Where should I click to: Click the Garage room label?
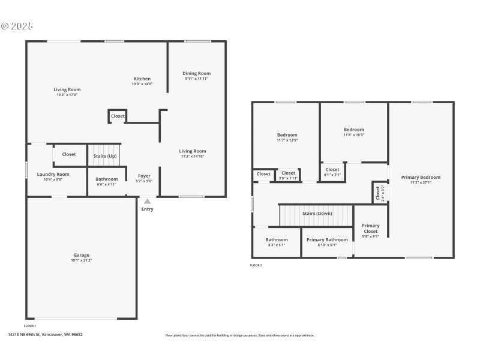82,255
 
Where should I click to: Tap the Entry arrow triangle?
147,202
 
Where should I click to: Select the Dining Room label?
197,73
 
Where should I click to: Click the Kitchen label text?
142,79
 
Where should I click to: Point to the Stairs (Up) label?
105,156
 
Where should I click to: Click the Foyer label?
144,176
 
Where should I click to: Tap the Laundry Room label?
53,174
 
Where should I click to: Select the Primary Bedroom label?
421,177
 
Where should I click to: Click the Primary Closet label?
371,228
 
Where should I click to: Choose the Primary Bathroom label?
327,239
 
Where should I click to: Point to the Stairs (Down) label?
317,213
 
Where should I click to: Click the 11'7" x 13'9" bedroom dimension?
287,140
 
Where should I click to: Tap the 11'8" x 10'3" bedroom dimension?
353,134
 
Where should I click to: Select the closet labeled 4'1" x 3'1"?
332,172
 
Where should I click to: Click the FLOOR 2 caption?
256,265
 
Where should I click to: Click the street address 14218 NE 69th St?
45,335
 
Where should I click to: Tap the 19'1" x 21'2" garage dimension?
82,260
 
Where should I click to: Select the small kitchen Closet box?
118,116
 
